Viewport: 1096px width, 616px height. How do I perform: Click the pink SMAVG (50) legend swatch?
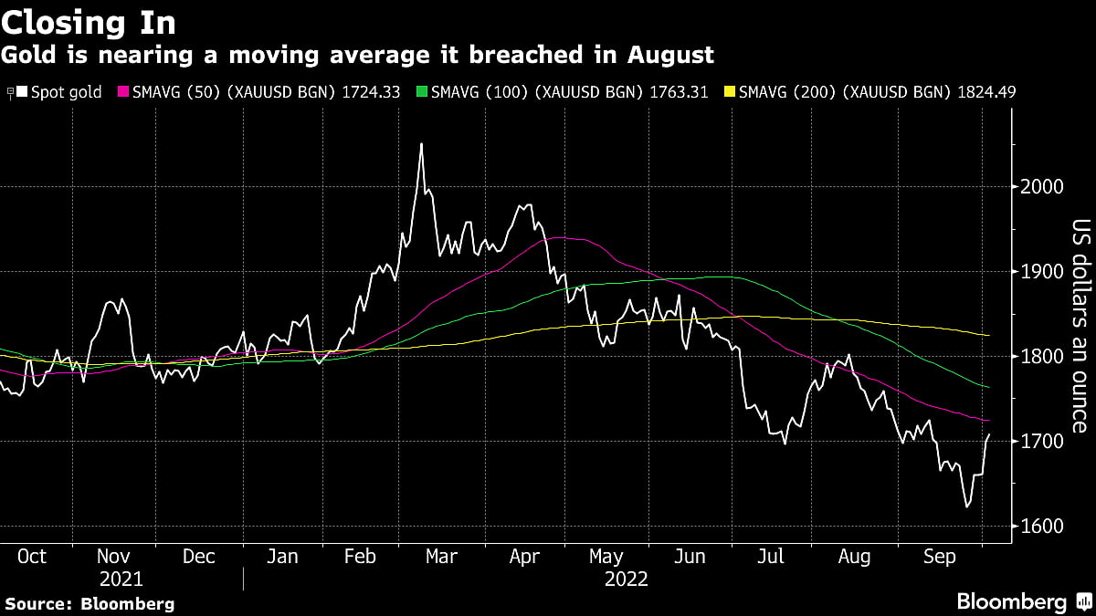(x=122, y=92)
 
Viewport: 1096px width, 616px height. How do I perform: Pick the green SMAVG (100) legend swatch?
(x=421, y=92)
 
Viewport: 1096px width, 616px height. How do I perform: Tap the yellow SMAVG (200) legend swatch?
(x=729, y=92)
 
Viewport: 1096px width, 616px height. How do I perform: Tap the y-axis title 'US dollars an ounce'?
(x=1080, y=326)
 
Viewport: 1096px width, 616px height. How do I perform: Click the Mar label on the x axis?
(x=442, y=557)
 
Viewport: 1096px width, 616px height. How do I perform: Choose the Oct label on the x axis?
(x=33, y=557)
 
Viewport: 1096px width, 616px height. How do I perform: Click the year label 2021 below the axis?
(x=121, y=579)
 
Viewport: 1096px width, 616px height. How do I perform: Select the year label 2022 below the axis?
(x=626, y=579)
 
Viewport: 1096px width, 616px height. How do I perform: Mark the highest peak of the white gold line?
(x=421, y=143)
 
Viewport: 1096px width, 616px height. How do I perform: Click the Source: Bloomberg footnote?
(x=90, y=603)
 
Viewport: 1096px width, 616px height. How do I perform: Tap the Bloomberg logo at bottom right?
(x=1023, y=601)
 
